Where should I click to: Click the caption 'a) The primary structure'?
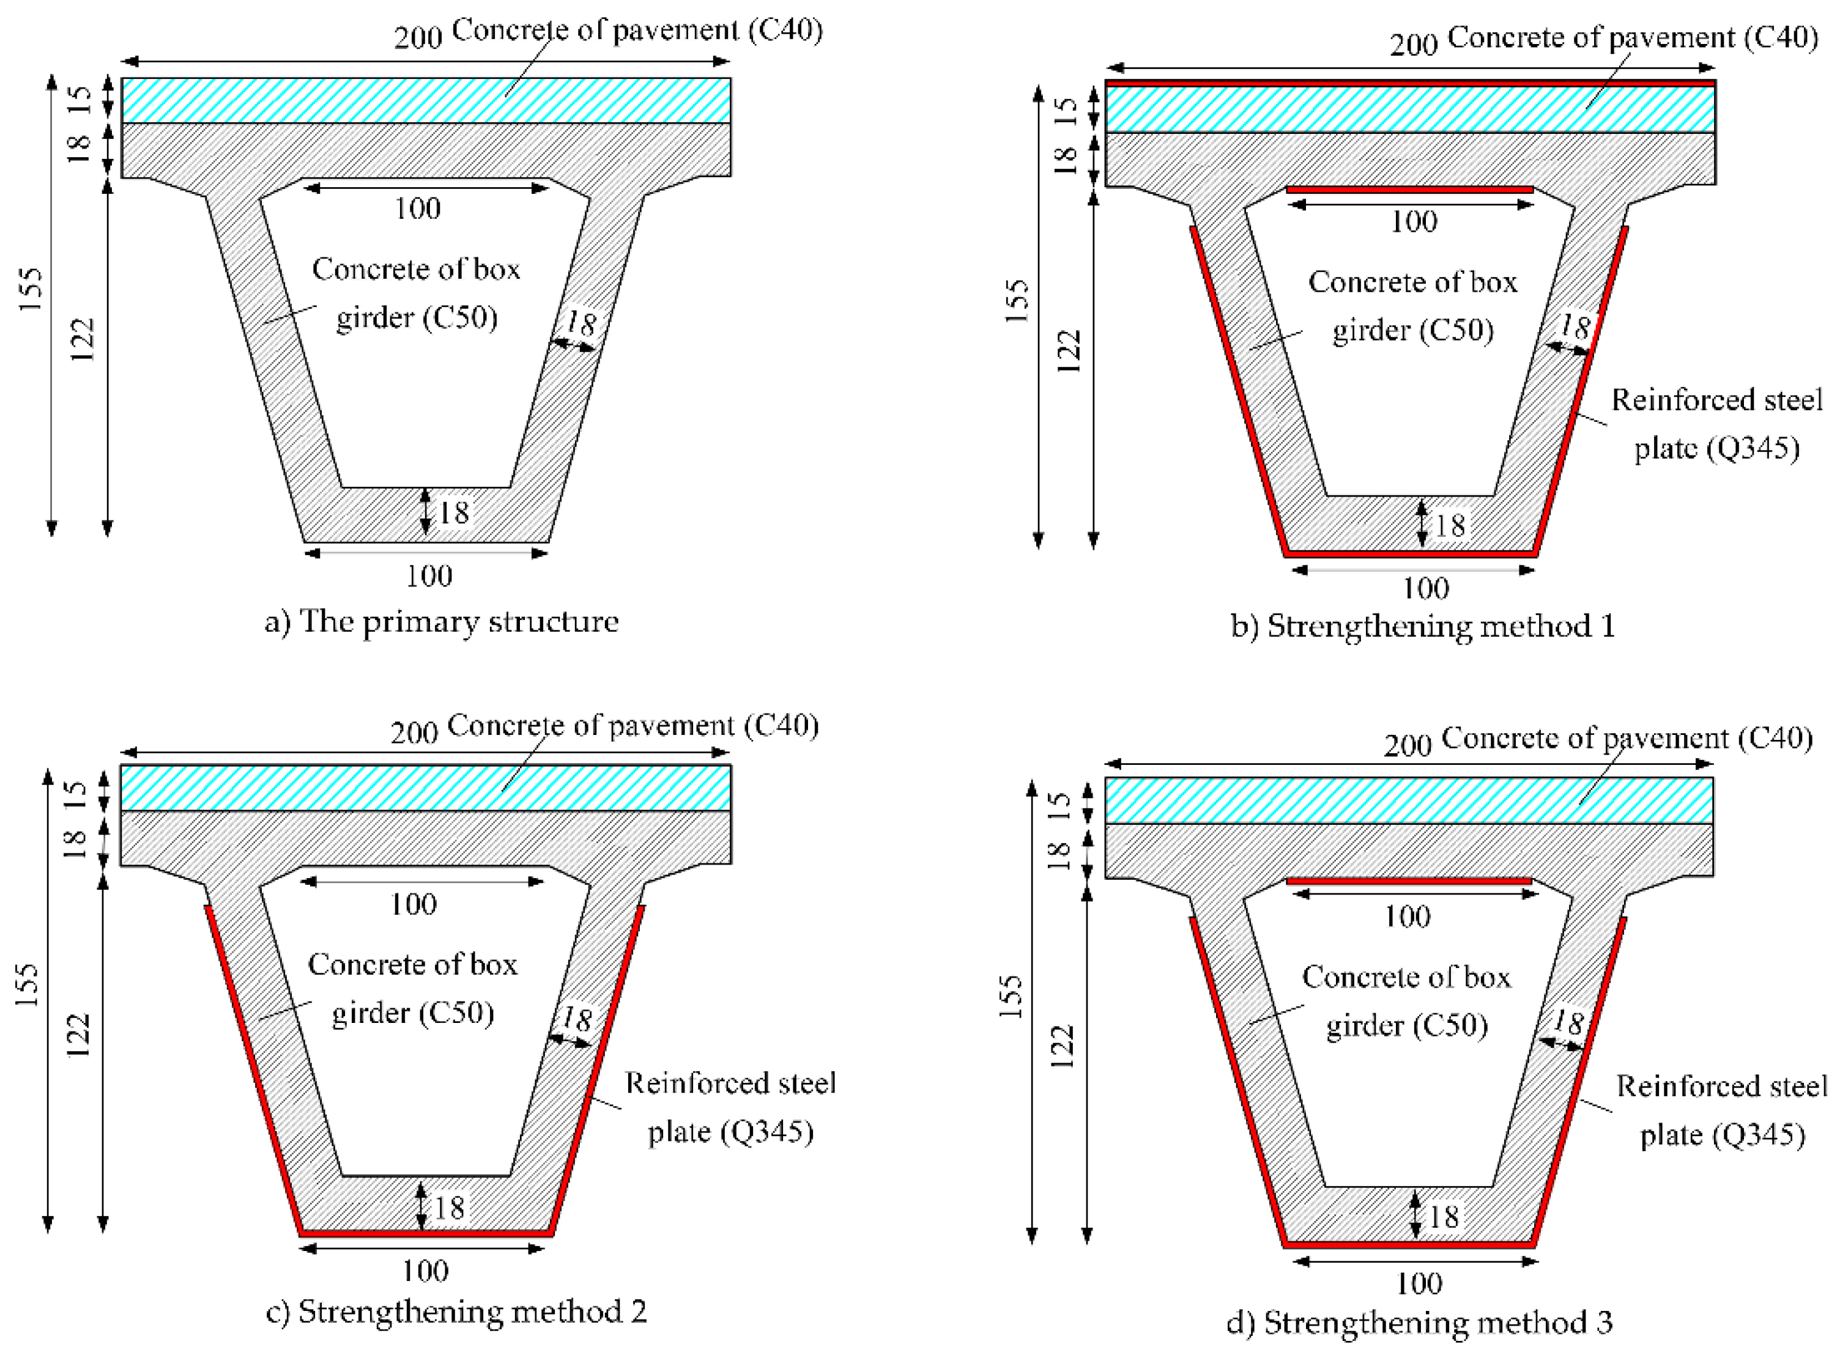[x=442, y=621]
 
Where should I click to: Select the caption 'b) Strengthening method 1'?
[x=1422, y=626]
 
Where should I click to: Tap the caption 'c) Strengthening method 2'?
[x=456, y=1311]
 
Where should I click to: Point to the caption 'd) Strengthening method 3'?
[x=1419, y=1323]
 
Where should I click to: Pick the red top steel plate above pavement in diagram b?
[x=1410, y=83]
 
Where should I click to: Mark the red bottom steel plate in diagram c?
[x=425, y=1234]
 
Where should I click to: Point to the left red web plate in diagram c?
[x=251, y=1069]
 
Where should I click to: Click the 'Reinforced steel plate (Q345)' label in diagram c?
[x=731, y=1107]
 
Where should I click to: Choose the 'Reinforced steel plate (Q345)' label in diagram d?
[x=1721, y=1110]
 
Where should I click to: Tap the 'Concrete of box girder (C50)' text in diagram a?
[x=416, y=293]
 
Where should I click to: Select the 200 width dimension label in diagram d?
[x=1408, y=745]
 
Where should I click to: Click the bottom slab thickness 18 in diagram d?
[x=1444, y=1217]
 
